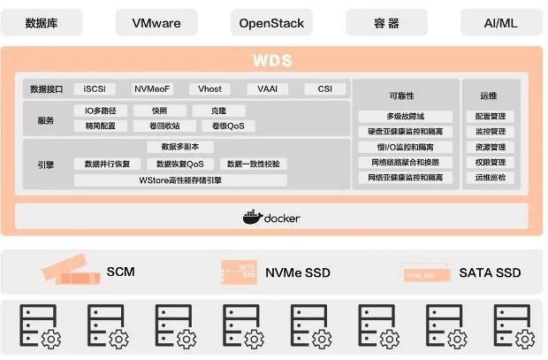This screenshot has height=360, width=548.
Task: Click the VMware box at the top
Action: (161, 23)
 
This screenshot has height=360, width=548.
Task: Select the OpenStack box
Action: (271, 23)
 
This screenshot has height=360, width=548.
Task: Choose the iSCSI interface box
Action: (94, 89)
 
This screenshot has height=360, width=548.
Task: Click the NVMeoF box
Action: (152, 89)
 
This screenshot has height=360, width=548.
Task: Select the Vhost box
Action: (209, 89)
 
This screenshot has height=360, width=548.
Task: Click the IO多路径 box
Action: (101, 111)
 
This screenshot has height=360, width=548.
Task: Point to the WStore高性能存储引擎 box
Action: (181, 180)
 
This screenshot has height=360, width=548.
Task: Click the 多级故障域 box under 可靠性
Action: (406, 117)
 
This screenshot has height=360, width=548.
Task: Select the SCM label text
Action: (120, 272)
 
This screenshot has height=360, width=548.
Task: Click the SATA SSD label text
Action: (490, 272)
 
